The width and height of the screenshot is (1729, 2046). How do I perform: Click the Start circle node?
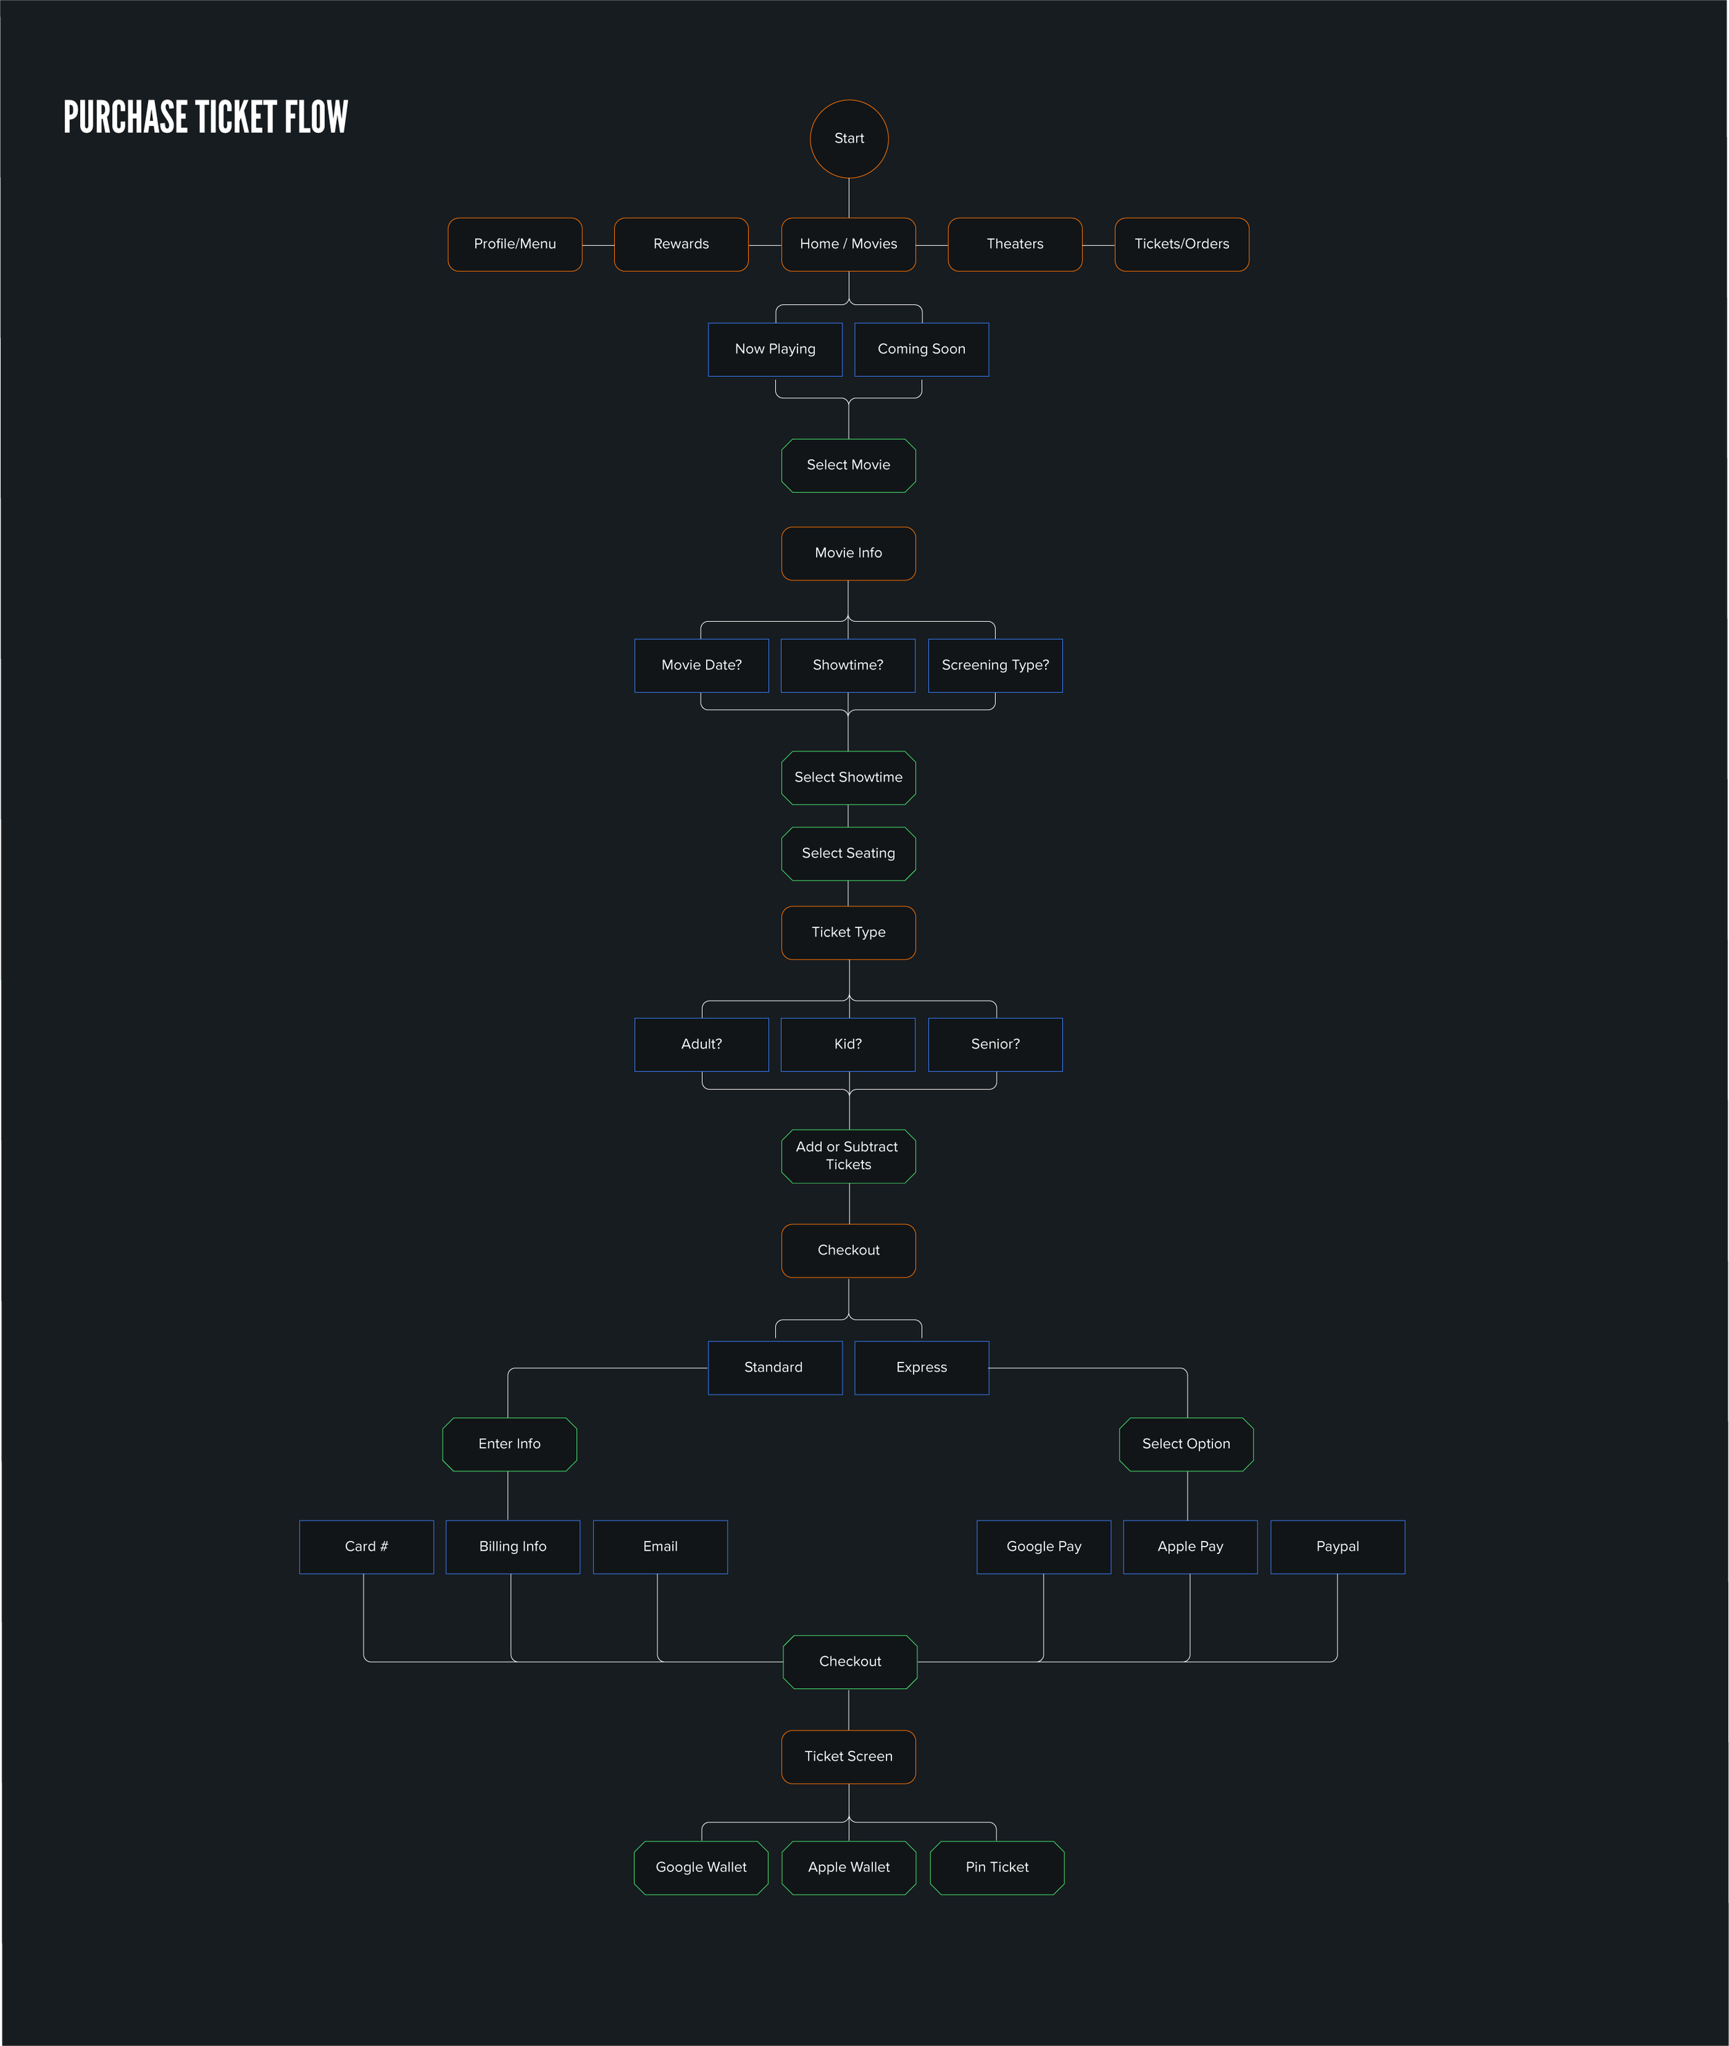pos(849,138)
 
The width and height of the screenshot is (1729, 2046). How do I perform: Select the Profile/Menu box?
pos(515,244)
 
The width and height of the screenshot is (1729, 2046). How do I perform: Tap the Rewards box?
pos(681,244)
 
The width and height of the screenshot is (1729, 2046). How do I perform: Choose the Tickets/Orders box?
pos(1181,244)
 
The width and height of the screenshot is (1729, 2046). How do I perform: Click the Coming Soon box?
pos(921,349)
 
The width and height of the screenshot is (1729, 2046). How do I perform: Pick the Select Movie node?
pos(849,465)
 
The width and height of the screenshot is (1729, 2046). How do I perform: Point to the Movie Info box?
pos(849,553)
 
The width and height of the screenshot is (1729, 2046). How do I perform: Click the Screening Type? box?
pos(995,665)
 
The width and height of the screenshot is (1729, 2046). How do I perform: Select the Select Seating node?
pos(849,853)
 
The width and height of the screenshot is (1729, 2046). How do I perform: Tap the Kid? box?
pos(848,1044)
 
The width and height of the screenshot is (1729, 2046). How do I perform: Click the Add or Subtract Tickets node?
pos(849,1156)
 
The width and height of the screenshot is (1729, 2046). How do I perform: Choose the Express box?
pos(921,1367)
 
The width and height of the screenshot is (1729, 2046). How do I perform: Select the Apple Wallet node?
pos(849,1867)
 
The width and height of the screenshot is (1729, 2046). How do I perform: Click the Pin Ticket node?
pos(997,1867)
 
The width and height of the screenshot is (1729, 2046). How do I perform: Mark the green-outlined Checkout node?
pos(850,1661)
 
